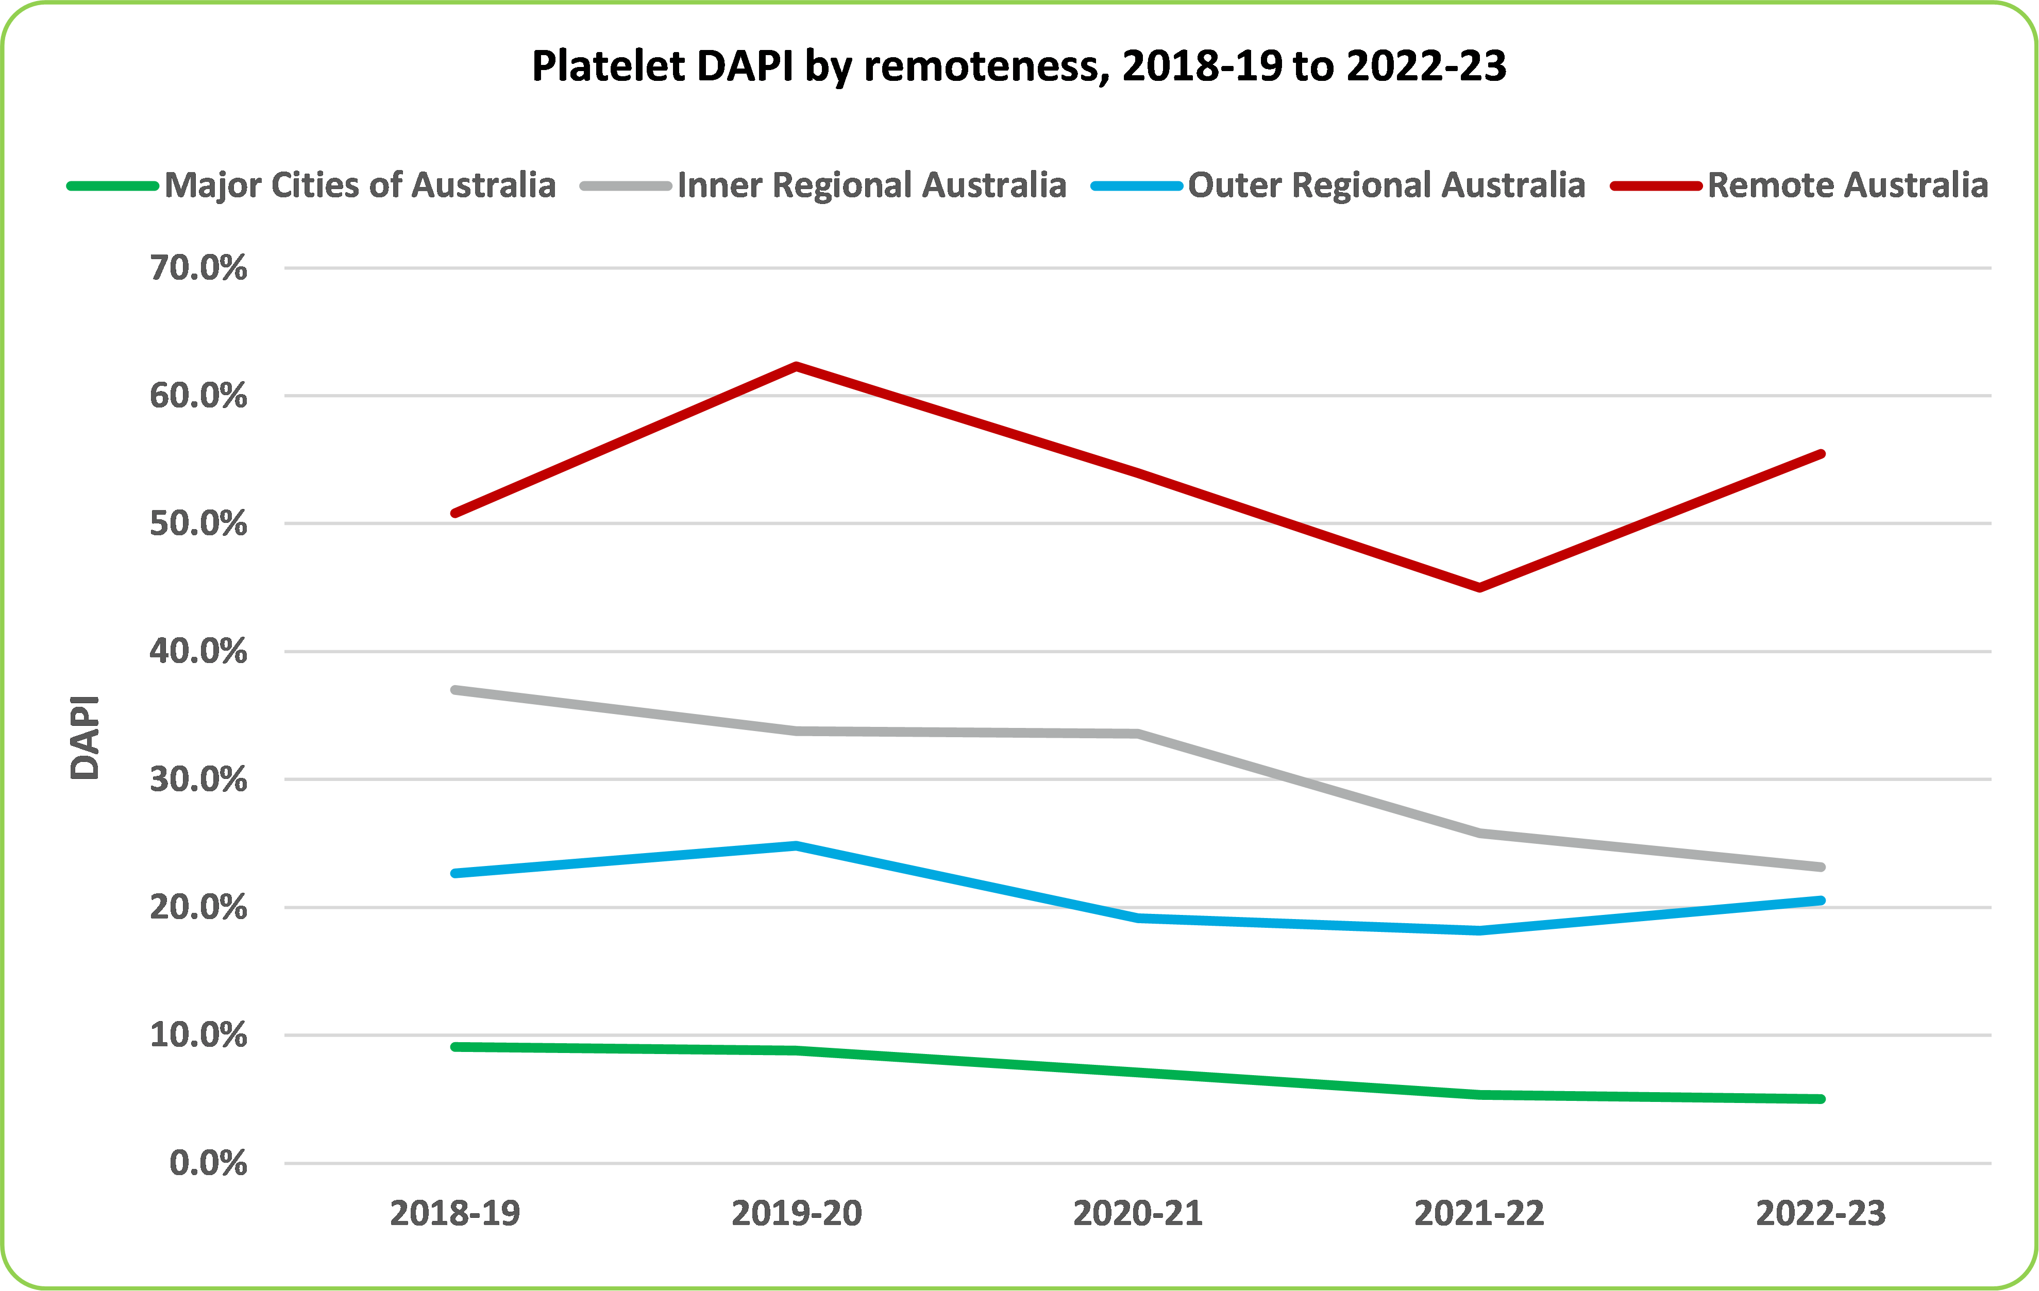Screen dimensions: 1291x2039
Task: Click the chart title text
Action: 1019,66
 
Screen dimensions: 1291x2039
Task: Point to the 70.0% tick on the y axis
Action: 199,268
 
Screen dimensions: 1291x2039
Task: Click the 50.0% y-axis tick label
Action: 199,524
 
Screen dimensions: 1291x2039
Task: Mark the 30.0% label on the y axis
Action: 199,779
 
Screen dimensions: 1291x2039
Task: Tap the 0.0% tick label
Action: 208,1163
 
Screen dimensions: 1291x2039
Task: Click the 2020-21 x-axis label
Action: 1138,1213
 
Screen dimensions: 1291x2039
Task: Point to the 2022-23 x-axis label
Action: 1821,1213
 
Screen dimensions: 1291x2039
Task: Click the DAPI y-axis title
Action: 85,737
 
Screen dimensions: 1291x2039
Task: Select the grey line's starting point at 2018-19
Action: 456,690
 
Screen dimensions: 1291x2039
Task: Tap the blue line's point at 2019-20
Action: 797,845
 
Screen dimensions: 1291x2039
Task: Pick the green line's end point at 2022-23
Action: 1821,1099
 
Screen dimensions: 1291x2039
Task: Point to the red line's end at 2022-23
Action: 1821,454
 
